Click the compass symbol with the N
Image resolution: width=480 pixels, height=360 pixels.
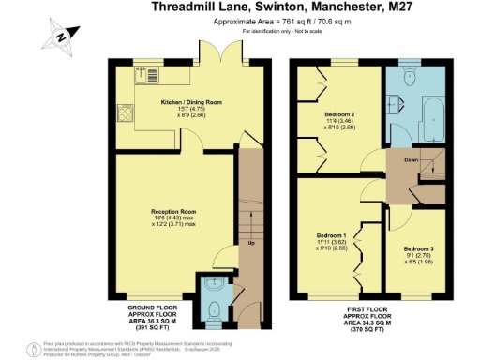pyautogui.click(x=60, y=36)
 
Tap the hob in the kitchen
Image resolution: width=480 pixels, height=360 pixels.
pyautogui.click(x=126, y=116)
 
